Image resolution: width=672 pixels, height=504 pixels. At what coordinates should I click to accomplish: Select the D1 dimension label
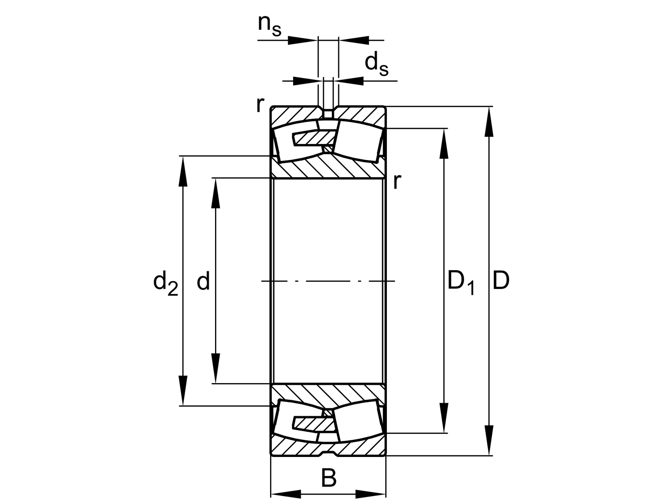coord(460,282)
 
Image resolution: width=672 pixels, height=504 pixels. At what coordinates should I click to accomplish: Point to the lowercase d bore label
coord(203,281)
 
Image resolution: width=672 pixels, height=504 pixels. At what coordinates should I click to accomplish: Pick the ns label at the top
coord(269,25)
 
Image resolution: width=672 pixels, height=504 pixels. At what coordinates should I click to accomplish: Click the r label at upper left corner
coord(260,105)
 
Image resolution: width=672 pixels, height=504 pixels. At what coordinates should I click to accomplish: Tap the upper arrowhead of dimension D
coord(488,122)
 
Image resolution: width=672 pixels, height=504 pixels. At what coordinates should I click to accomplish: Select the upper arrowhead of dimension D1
coord(444,143)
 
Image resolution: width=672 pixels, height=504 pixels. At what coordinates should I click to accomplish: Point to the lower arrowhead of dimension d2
coord(183,391)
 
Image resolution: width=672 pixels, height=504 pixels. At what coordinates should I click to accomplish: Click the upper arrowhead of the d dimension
coord(215,193)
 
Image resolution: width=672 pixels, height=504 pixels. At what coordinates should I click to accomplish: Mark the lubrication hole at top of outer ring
coord(328,113)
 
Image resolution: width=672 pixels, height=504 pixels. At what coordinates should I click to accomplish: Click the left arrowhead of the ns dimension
coord(302,40)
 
